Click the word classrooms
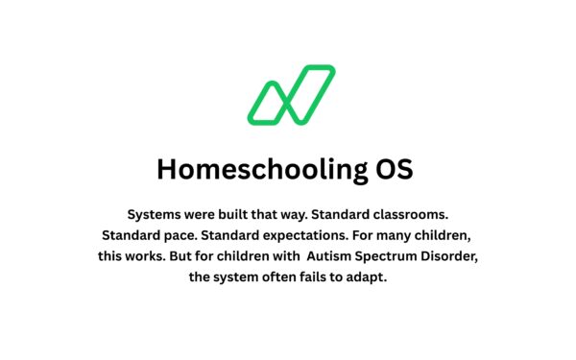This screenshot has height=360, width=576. tap(412, 212)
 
